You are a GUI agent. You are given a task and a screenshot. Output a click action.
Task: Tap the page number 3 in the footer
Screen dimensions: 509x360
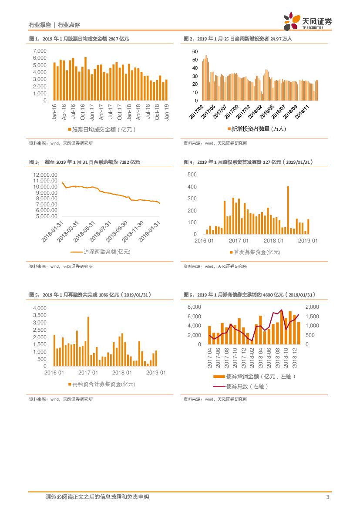(x=327, y=497)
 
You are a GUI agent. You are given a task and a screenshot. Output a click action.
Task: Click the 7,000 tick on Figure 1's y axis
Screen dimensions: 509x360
(x=40, y=51)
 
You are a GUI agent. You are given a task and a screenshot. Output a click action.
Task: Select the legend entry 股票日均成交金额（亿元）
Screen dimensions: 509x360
(x=102, y=129)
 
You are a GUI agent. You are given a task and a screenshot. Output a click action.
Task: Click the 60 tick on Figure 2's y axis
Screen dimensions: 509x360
(x=195, y=51)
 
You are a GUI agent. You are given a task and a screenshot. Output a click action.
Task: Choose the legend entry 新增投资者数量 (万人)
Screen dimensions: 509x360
(x=256, y=129)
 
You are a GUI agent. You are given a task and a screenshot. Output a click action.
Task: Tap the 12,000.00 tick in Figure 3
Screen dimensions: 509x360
(x=45, y=175)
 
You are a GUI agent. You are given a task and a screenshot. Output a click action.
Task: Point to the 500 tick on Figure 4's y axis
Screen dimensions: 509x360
(x=192, y=175)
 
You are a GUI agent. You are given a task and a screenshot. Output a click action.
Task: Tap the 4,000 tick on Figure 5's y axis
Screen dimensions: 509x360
(x=40, y=308)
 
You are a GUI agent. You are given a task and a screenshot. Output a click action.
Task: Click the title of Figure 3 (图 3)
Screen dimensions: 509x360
(x=84, y=162)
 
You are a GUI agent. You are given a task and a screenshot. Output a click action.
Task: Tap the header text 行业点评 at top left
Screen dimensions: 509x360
(x=69, y=25)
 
